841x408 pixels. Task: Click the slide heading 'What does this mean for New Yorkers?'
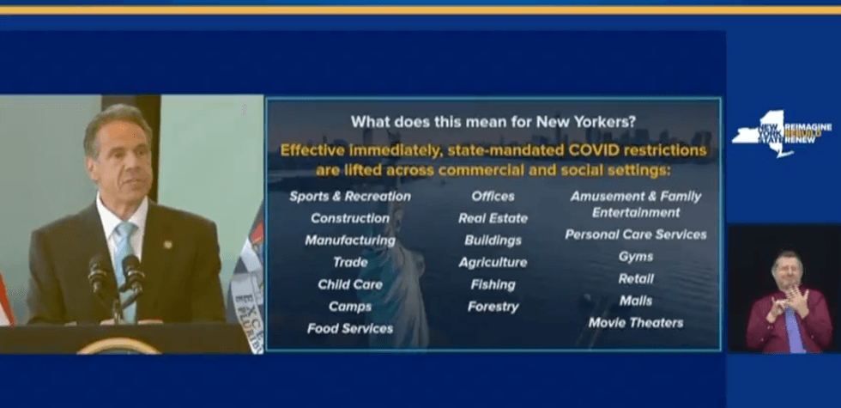[493, 122]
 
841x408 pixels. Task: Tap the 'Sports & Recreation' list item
[349, 197]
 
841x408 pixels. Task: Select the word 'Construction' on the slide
[349, 218]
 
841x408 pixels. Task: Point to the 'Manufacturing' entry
[349, 241]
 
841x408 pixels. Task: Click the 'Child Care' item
[349, 284]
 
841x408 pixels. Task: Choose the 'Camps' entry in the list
[349, 307]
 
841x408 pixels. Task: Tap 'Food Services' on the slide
[349, 328]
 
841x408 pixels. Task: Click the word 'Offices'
[493, 197]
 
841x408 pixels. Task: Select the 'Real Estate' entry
[493, 218]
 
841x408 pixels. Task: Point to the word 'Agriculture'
[493, 262]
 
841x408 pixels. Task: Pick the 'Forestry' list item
[493, 307]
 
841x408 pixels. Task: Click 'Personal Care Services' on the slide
[635, 234]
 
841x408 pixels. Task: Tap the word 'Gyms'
[635, 257]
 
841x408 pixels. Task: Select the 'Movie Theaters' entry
[635, 323]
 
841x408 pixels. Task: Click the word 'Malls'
[635, 301]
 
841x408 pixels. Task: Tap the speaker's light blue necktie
[124, 258]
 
